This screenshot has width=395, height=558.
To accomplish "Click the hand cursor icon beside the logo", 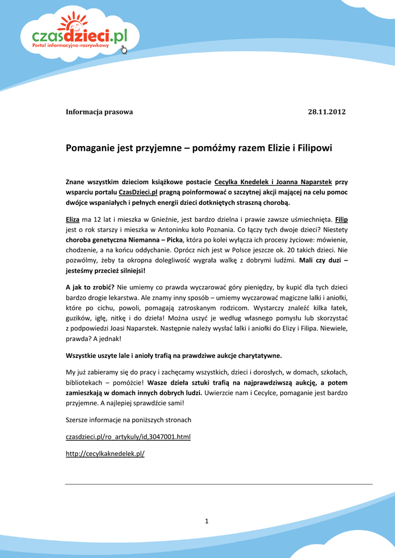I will pos(123,50).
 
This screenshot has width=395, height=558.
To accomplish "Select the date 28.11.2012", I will pos(327,112).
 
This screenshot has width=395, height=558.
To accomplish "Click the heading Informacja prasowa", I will pos(99,112).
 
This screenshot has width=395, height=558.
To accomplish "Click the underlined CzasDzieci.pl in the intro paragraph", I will pos(138,192).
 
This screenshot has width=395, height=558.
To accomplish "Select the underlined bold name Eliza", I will pos(72,219).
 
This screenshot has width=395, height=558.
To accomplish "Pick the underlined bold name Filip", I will pos(342,219).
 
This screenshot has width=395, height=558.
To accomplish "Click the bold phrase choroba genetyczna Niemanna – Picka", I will pos(124,240).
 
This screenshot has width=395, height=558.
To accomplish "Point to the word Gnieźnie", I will pos(159,219).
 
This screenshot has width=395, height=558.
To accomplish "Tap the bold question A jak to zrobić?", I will pos(90,287).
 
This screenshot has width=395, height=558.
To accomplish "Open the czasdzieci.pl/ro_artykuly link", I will pos(128,437).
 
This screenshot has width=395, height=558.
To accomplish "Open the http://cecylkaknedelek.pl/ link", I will pos(105,453).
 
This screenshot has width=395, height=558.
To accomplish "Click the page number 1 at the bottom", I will pos(207,521).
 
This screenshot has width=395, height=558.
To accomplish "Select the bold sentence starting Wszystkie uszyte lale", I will pos(174,356).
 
